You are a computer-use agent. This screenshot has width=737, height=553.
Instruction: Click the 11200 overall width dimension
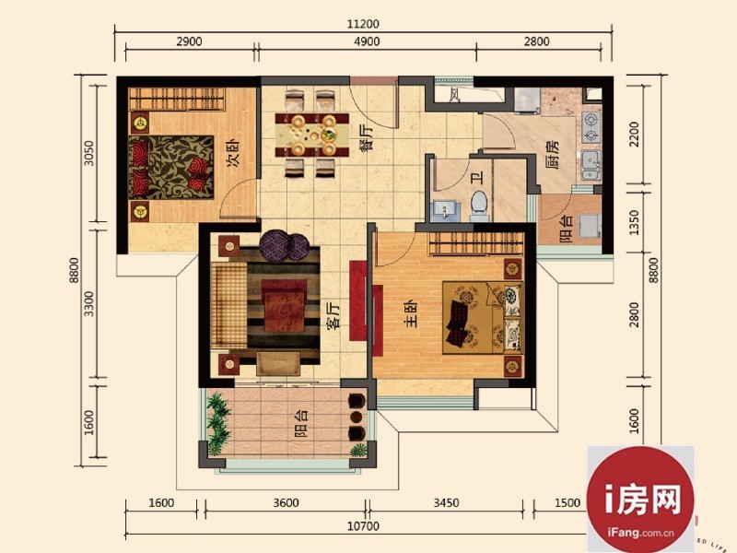tap(363, 24)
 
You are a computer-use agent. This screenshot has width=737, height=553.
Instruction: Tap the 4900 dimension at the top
tap(367, 41)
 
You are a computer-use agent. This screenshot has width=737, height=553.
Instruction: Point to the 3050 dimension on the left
tap(88, 153)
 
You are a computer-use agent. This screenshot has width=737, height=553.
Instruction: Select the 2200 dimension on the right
tap(634, 134)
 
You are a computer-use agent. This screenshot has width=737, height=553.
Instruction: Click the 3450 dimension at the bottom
tap(446, 502)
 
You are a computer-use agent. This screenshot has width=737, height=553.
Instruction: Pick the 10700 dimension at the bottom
tap(363, 525)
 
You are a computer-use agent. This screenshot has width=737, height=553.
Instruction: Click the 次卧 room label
tap(233, 153)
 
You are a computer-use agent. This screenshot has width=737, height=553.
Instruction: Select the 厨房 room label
tap(552, 154)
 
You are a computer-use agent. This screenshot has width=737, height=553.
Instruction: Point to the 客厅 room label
tap(333, 315)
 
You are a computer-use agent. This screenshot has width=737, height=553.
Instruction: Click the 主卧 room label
tap(410, 313)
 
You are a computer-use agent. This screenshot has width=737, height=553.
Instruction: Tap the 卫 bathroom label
tap(477, 178)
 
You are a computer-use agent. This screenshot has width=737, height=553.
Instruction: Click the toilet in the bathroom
tap(479, 206)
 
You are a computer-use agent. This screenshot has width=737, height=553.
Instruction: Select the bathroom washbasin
tap(443, 211)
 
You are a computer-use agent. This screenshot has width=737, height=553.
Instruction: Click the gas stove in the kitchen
tap(591, 127)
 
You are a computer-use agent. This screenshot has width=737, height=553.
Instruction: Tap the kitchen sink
tap(591, 165)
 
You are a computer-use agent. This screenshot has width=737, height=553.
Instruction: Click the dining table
tap(312, 135)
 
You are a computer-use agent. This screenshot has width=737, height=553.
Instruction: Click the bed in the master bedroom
tap(483, 318)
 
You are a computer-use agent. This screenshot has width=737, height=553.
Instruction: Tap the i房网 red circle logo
tap(640, 500)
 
